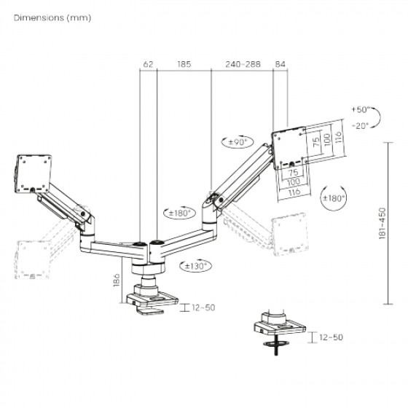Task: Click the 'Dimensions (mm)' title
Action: [x=52, y=18]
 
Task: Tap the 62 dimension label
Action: [x=149, y=64]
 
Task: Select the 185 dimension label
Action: [x=184, y=64]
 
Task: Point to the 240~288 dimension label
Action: [x=243, y=64]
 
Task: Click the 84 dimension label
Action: [x=280, y=64]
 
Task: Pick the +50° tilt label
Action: [x=361, y=109]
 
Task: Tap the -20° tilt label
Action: [x=361, y=126]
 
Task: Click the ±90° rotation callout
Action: [x=238, y=142]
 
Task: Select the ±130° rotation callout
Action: [x=196, y=266]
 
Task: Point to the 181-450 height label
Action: [x=382, y=223]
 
